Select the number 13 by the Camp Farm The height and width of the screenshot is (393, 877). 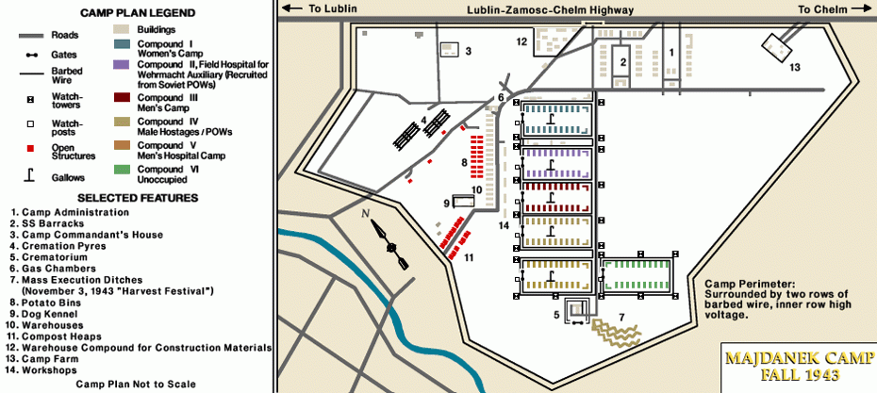794,67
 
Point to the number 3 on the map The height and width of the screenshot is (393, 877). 468,51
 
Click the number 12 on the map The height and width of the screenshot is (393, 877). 521,41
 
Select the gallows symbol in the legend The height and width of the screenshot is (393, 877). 30,172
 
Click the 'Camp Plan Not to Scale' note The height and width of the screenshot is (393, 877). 136,384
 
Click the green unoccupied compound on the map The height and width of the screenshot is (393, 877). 637,275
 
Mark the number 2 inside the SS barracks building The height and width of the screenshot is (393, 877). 621,62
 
